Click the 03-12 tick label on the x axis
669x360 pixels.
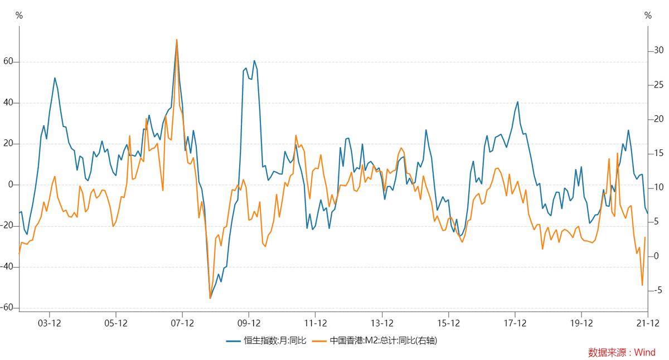(x=49, y=323)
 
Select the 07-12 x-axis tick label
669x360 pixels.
(x=182, y=323)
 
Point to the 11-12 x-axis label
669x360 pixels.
(x=316, y=323)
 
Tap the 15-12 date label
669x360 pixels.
(x=448, y=323)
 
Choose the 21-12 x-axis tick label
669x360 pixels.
(x=647, y=323)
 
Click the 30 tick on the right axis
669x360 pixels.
(x=658, y=50)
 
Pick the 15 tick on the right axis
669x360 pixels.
(x=658, y=153)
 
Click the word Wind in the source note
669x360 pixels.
(x=645, y=352)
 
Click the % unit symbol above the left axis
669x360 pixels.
(x=19, y=16)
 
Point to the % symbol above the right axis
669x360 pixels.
(x=648, y=16)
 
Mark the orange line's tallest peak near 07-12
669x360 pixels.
(x=177, y=40)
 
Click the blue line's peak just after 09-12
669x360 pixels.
(x=254, y=61)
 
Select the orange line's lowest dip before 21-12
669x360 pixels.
(x=642, y=285)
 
